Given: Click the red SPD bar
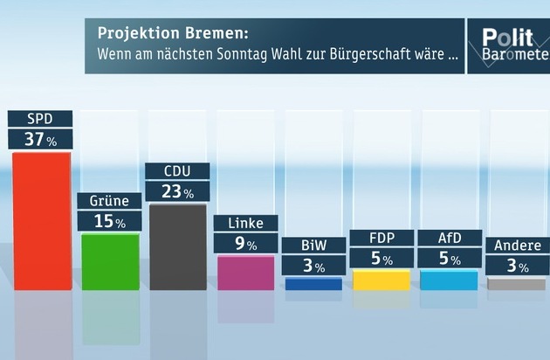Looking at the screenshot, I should point(42,220).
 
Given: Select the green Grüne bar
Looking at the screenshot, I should point(110,261).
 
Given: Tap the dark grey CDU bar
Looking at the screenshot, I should point(178,246).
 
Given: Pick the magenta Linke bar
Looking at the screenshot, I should point(246,273).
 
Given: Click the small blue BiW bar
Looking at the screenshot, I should point(313,284).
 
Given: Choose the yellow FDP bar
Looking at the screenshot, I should point(382,280).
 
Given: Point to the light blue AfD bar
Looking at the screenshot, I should point(449,280).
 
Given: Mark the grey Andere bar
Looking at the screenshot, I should point(517,284).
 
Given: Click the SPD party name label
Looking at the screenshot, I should point(39,119).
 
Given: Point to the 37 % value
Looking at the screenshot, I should point(39,140).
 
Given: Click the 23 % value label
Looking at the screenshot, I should point(178,191).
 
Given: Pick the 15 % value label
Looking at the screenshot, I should point(110,222).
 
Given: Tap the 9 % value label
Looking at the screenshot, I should point(246,244).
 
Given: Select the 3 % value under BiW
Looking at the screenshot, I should point(313,267).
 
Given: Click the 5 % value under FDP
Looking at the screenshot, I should point(382,259).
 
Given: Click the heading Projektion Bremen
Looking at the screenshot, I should point(172,35).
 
